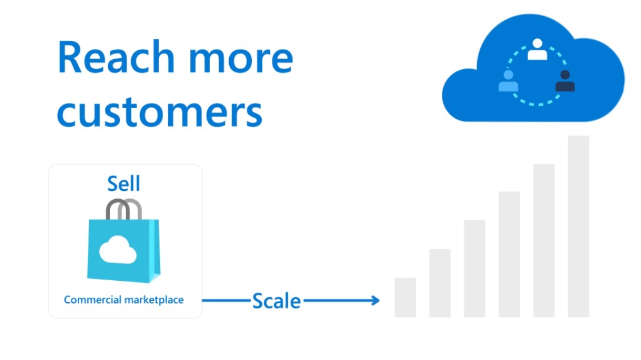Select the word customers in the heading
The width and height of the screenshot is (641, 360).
click(x=159, y=112)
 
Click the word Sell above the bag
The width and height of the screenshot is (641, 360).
click(x=124, y=183)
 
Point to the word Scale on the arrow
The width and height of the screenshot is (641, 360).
click(x=276, y=301)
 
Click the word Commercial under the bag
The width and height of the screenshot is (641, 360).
click(x=92, y=300)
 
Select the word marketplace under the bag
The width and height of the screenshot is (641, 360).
click(x=154, y=300)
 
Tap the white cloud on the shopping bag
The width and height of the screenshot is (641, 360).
click(x=118, y=249)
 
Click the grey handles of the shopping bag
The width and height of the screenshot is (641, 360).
click(x=124, y=209)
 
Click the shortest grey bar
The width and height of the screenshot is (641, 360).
click(x=405, y=297)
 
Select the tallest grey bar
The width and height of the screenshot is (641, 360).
click(x=578, y=226)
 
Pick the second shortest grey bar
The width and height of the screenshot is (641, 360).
click(x=440, y=283)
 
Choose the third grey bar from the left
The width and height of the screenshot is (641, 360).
click(x=475, y=268)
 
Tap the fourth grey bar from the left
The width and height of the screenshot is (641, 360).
click(x=509, y=254)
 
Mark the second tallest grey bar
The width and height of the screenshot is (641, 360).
click(x=544, y=241)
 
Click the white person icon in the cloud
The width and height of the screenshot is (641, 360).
click(x=537, y=50)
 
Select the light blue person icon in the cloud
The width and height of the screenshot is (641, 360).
click(x=508, y=80)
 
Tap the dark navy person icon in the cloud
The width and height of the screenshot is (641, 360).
click(x=565, y=80)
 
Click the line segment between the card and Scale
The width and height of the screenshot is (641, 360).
click(x=227, y=301)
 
